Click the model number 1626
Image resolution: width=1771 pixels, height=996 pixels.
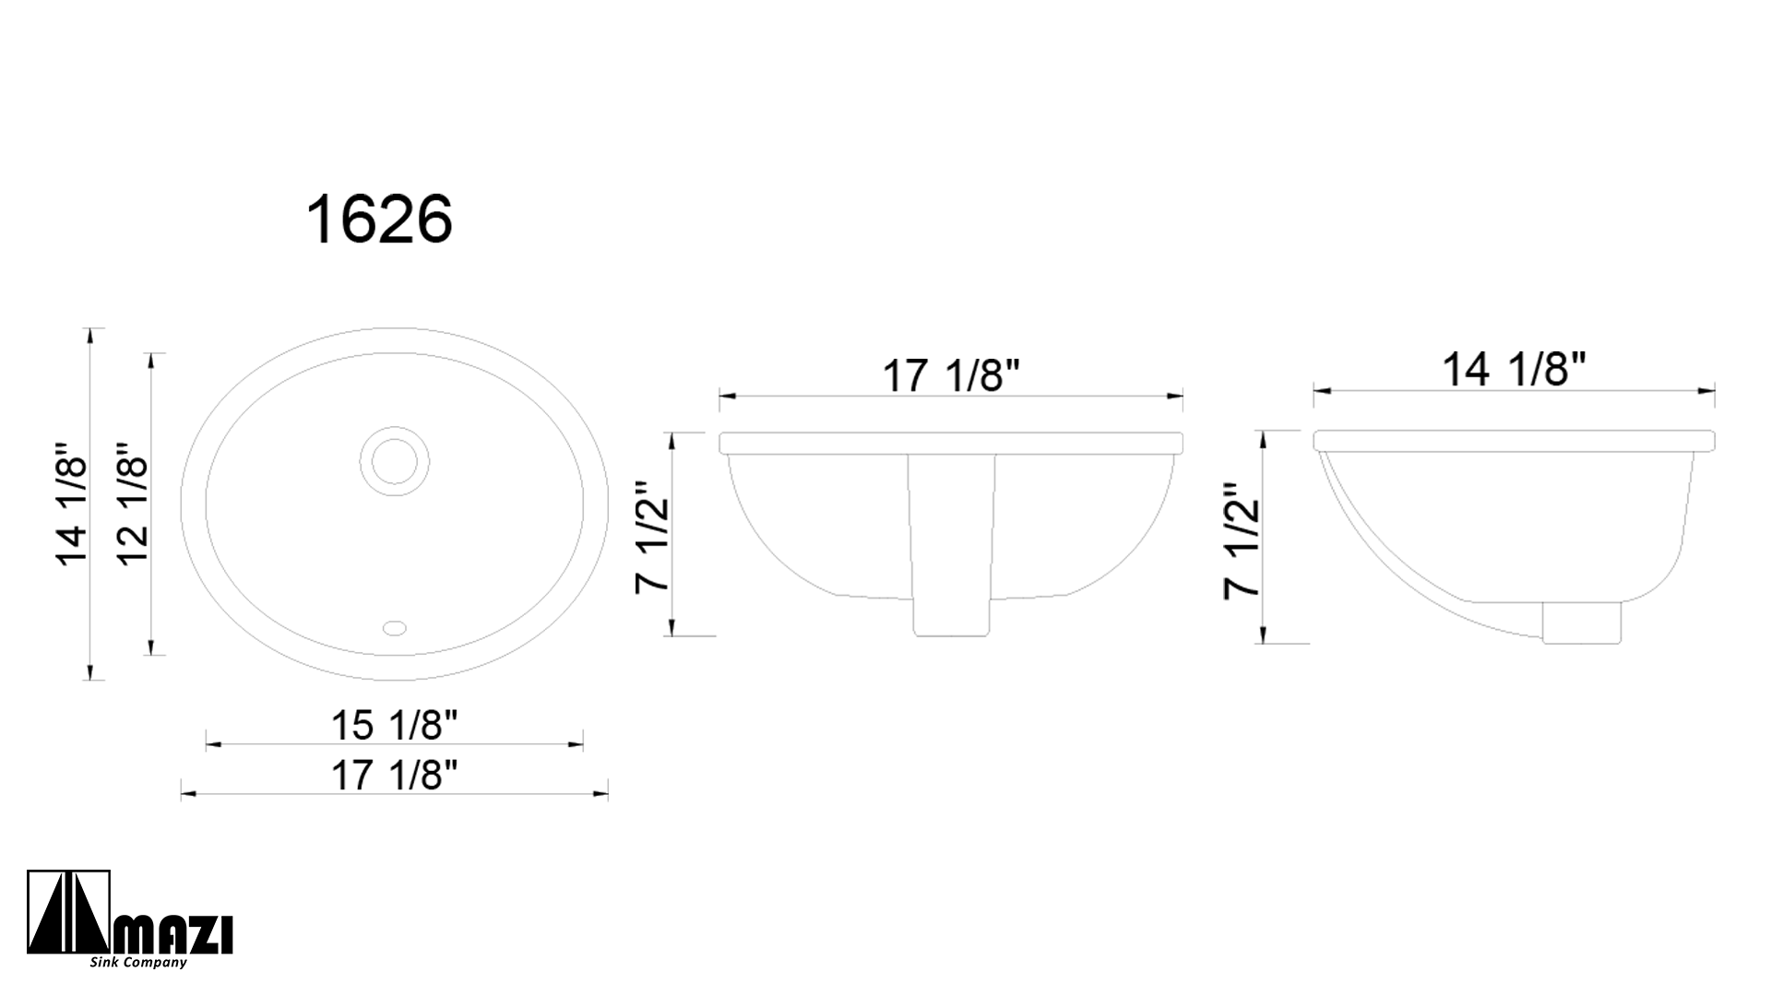coord(379,220)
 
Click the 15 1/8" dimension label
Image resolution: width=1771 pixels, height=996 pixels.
coord(395,726)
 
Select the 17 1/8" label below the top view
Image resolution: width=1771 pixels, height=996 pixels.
coord(395,776)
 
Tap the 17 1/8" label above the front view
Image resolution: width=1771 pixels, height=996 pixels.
coord(951,376)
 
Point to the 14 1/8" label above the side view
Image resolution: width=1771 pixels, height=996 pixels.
coord(1514,371)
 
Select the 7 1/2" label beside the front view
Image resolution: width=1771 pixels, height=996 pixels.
coord(653,538)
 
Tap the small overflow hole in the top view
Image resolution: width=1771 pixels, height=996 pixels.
coord(395,628)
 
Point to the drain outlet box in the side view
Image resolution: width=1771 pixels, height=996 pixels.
coord(1581,622)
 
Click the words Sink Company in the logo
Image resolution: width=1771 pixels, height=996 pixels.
coord(138,963)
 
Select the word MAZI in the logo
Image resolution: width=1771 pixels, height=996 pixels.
coord(173,935)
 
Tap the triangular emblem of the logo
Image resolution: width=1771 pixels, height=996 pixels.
coord(69,914)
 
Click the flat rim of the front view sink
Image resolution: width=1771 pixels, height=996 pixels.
coord(951,443)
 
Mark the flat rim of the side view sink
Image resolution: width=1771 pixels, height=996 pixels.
coord(1514,440)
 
